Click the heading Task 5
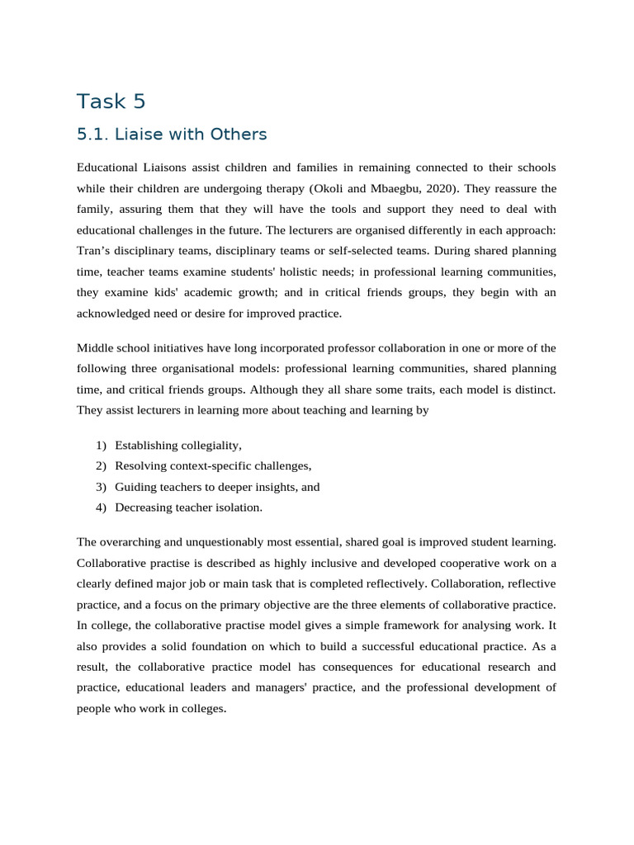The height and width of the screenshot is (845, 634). coord(111,101)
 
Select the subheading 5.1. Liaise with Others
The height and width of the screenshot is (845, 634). coord(172,134)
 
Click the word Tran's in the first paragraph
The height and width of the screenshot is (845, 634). coord(94,250)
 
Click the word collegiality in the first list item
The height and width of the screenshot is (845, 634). coord(207,446)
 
